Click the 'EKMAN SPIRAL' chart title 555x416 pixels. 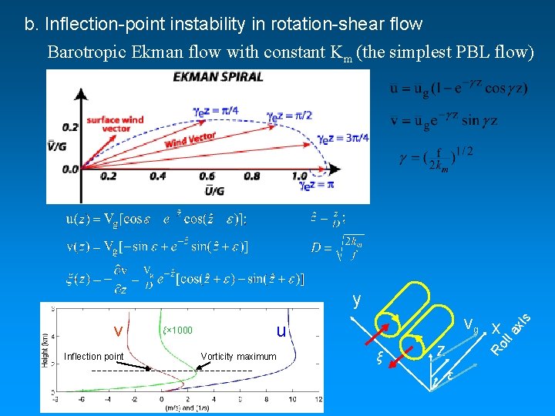click(x=218, y=76)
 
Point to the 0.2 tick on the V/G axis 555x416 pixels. click(x=71, y=127)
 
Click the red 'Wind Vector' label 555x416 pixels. click(x=190, y=139)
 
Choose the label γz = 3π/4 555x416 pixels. click(x=345, y=139)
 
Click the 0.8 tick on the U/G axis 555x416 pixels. click(x=252, y=176)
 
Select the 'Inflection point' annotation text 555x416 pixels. click(x=93, y=356)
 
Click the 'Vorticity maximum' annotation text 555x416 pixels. click(x=238, y=356)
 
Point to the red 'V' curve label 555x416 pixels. click(x=119, y=332)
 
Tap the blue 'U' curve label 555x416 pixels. click(x=281, y=331)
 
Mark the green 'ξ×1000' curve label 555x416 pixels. click(x=177, y=330)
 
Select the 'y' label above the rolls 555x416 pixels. click(x=355, y=300)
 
